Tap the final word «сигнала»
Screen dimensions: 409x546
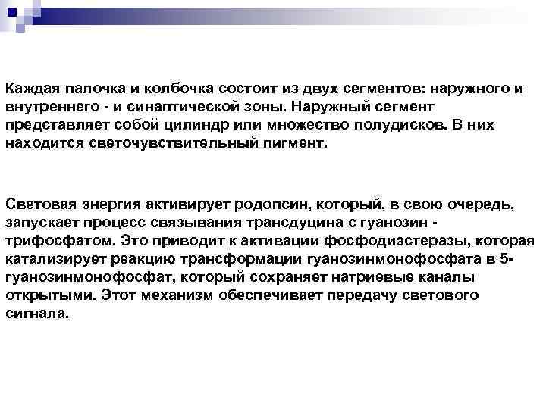pyautogui.click(x=36, y=312)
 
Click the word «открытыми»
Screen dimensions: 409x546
pyautogui.click(x=46, y=295)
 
